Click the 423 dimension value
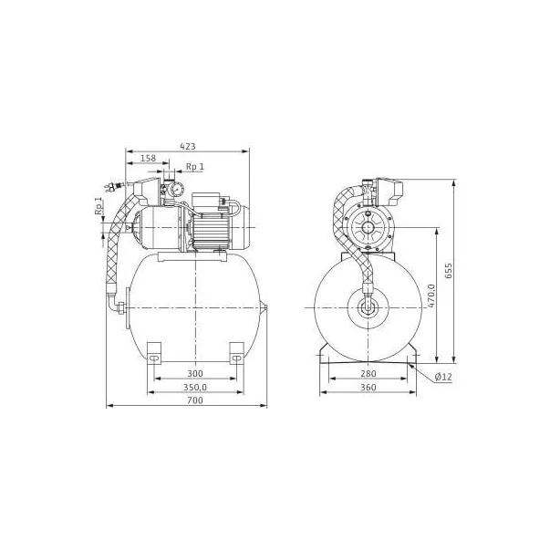point(188,146)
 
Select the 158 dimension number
point(148,158)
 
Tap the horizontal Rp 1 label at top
point(194,167)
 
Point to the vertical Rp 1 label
point(99,205)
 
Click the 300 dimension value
point(194,374)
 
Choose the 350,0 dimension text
point(195,388)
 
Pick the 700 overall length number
point(194,400)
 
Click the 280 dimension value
point(368,374)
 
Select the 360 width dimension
point(368,388)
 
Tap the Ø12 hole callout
point(443,377)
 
